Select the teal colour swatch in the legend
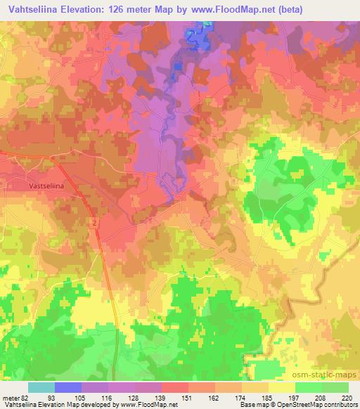(x=41, y=387)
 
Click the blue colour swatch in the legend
(x=68, y=387)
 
